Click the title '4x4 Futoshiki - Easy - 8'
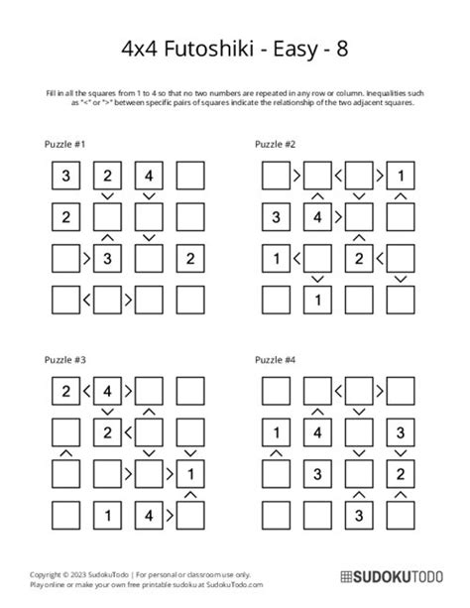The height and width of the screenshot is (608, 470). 235,47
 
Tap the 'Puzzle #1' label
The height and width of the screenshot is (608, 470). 67,145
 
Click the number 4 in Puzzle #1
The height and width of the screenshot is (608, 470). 148,177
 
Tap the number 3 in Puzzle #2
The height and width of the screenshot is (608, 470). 275,217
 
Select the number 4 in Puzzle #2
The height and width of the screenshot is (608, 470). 316,217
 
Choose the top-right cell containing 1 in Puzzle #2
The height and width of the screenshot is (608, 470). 400,177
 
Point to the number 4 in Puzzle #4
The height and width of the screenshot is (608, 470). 316,431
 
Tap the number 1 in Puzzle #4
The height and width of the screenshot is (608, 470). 275,431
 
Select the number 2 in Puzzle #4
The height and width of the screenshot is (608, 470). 400,472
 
